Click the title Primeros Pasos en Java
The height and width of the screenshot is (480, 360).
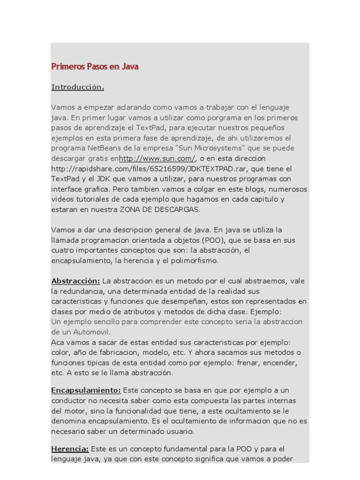95,67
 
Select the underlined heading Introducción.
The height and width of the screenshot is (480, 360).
77,87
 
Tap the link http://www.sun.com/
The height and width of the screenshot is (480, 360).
157,158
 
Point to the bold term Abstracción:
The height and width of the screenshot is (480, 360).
75,281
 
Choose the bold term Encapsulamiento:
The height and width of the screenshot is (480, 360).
86,390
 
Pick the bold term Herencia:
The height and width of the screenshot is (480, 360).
70,449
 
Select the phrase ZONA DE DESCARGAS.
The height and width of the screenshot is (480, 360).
160,210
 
